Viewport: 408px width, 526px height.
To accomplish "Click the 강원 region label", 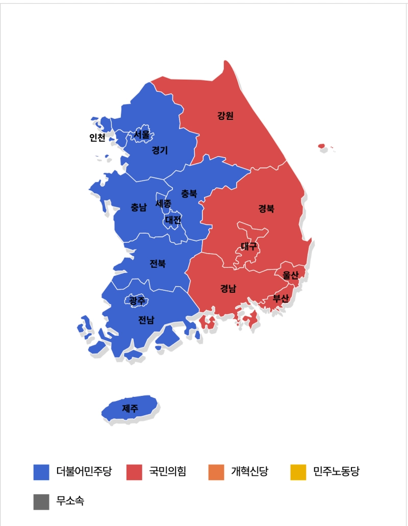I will [x=225, y=116].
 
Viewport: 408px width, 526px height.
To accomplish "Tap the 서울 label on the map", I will [x=142, y=135].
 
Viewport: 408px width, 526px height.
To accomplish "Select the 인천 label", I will [x=97, y=138].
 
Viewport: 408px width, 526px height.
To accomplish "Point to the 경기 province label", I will [x=160, y=151].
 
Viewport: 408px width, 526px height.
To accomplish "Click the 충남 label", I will [x=138, y=207].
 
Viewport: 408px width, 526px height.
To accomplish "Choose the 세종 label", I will [x=164, y=203].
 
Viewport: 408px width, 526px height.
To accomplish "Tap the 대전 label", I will [x=173, y=220].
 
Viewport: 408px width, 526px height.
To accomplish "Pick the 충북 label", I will [x=189, y=194].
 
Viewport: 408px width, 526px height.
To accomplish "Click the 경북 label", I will [x=266, y=209].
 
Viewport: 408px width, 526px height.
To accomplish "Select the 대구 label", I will [x=249, y=247].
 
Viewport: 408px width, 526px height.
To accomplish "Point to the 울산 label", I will [x=290, y=275].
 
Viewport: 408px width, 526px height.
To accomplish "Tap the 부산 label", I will [x=280, y=298].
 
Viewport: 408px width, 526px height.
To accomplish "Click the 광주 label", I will [x=137, y=301].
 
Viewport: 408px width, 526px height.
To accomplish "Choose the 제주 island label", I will [x=130, y=408].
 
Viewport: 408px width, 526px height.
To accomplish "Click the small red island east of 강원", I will [x=321, y=146].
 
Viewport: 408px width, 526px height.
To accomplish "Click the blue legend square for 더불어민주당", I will [x=41, y=472].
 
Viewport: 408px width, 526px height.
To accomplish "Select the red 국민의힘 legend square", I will [x=134, y=472].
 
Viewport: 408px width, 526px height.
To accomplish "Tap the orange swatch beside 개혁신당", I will [x=216, y=472].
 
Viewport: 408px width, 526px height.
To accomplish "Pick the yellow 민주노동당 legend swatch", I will [x=298, y=472].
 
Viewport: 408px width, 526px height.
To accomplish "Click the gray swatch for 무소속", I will [x=41, y=502].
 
